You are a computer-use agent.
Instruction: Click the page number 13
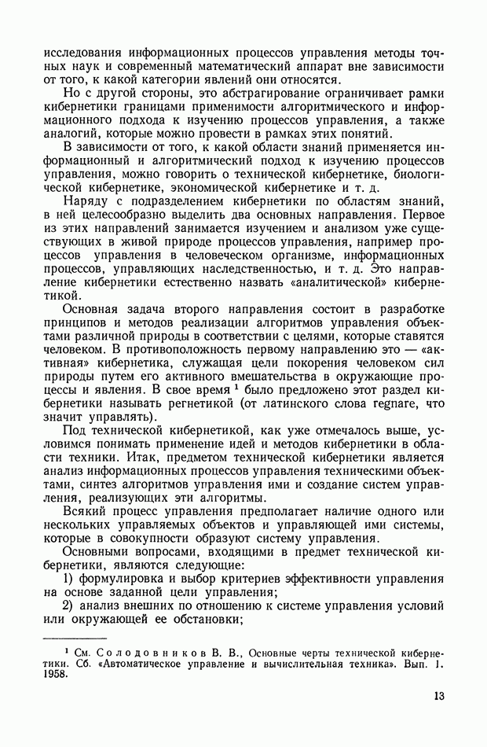pos(438,696)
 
